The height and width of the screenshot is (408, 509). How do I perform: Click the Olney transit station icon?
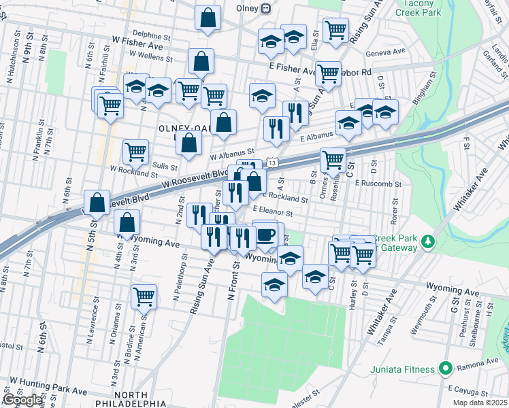tap(266, 8)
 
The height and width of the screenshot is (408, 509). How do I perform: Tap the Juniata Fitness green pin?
tap(445, 369)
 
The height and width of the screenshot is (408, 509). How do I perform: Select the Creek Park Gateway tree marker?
tap(428, 241)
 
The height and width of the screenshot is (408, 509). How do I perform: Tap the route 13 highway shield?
tap(272, 163)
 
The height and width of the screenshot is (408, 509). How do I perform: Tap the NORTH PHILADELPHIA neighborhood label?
tap(122, 399)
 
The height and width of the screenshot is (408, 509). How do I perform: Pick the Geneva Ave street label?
tap(385, 51)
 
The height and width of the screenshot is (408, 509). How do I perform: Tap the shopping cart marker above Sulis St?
tap(135, 152)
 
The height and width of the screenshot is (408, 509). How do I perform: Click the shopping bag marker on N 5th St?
tap(97, 202)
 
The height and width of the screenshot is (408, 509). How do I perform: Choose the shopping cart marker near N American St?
tap(144, 296)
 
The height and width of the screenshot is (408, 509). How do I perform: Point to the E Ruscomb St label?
tap(379, 184)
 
